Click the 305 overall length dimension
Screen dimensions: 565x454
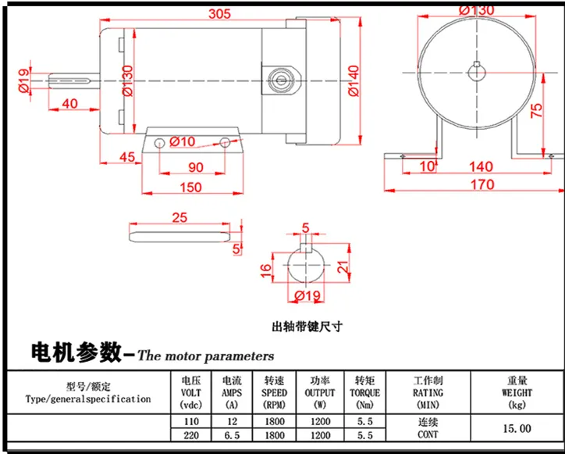pyautogui.click(x=219, y=14)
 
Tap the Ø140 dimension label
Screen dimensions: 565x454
pyautogui.click(x=354, y=80)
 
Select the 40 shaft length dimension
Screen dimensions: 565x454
pyautogui.click(x=69, y=104)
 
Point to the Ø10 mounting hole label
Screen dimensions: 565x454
pyautogui.click(x=182, y=141)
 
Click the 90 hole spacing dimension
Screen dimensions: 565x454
pyautogui.click(x=196, y=167)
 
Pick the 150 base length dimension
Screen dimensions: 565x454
pyautogui.click(x=190, y=188)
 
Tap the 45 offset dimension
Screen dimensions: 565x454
pyautogui.click(x=127, y=157)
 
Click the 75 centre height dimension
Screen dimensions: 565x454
pyautogui.click(x=537, y=110)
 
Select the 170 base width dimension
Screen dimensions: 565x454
pyautogui.click(x=482, y=184)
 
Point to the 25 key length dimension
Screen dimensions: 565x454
pyautogui.click(x=179, y=217)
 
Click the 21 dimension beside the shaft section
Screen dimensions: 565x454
pyautogui.click(x=343, y=266)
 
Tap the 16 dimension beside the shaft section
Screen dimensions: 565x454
pyautogui.click(x=265, y=270)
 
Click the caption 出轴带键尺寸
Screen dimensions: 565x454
pyautogui.click(x=307, y=327)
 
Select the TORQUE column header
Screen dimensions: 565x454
pyautogui.click(x=364, y=392)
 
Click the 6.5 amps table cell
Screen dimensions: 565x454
pyautogui.click(x=232, y=435)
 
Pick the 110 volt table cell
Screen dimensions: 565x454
pyautogui.click(x=191, y=421)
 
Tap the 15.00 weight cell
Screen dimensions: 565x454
pyautogui.click(x=517, y=429)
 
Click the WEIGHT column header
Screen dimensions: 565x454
pyautogui.click(x=517, y=392)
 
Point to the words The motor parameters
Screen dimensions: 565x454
pyautogui.click(x=206, y=356)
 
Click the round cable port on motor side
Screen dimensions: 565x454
pyautogui.click(x=281, y=80)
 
